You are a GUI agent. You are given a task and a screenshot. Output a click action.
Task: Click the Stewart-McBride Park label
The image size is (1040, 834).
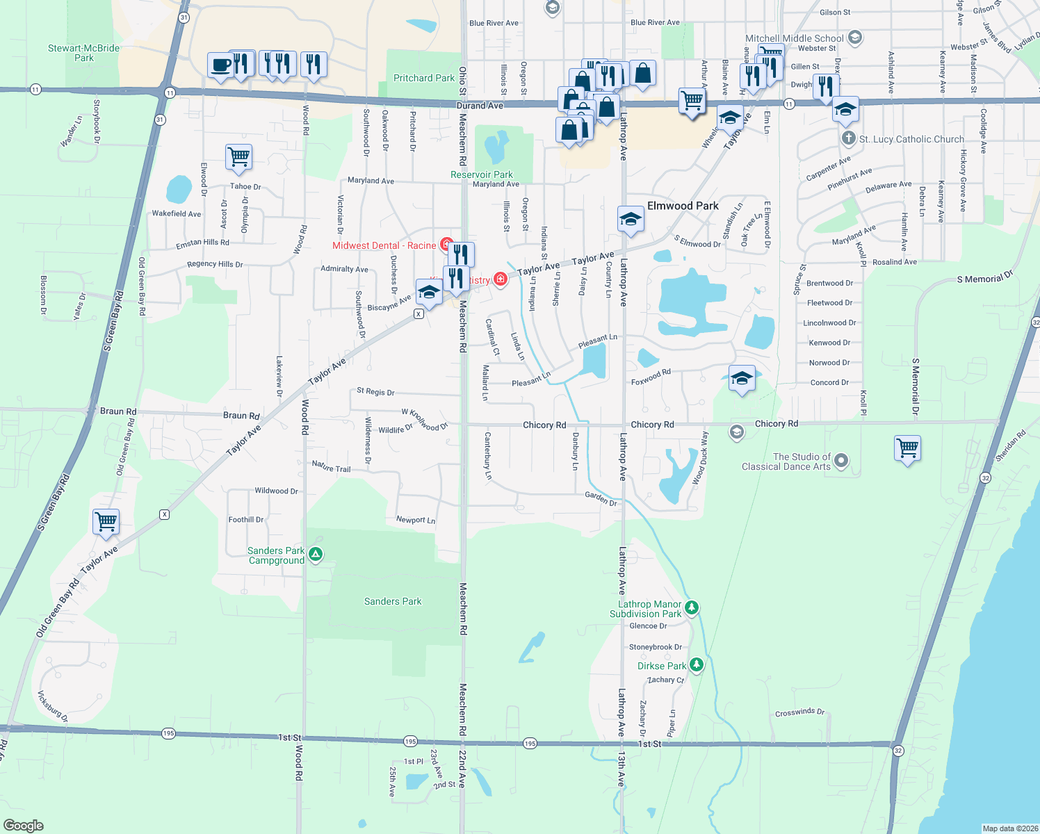pyautogui.click(x=83, y=53)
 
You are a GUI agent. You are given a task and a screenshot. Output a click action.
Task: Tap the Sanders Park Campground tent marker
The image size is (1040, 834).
pyautogui.click(x=316, y=554)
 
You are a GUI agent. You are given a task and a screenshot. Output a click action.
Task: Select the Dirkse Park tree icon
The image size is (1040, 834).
pyautogui.click(x=696, y=665)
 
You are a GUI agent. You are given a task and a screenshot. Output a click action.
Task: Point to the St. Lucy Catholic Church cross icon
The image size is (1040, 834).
pyautogui.click(x=848, y=138)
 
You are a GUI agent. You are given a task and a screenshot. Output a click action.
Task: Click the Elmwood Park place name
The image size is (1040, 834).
pyautogui.click(x=683, y=206)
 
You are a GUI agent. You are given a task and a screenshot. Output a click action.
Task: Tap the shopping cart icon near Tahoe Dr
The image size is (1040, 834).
pyautogui.click(x=238, y=157)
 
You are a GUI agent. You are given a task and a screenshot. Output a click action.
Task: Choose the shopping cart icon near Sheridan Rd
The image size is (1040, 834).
pyautogui.click(x=907, y=448)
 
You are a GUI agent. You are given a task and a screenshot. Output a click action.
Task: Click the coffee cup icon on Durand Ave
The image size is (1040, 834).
pyautogui.click(x=220, y=65)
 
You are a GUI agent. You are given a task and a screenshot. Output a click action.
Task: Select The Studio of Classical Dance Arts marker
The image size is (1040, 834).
pyautogui.click(x=841, y=460)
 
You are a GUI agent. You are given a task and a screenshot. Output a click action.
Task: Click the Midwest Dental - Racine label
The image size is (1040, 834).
pyautogui.click(x=384, y=245)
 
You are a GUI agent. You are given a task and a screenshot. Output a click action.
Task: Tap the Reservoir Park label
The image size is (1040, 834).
pyautogui.click(x=481, y=174)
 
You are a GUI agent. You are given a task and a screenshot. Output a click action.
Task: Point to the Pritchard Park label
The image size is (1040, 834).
pyautogui.click(x=423, y=78)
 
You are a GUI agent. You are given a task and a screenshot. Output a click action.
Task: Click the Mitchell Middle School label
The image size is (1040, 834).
pyautogui.click(x=794, y=38)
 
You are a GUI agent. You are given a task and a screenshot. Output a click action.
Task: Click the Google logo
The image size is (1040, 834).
pyautogui.click(x=23, y=826)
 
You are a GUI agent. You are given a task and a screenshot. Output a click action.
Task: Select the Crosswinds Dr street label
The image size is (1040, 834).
pyautogui.click(x=799, y=712)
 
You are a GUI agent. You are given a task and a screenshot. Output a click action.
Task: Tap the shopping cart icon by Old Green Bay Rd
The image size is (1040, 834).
pyautogui.click(x=106, y=521)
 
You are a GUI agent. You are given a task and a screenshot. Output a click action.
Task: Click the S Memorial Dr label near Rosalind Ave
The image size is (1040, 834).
pyautogui.click(x=984, y=278)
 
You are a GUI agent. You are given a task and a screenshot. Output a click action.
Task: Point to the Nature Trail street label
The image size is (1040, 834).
pyautogui.click(x=331, y=467)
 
